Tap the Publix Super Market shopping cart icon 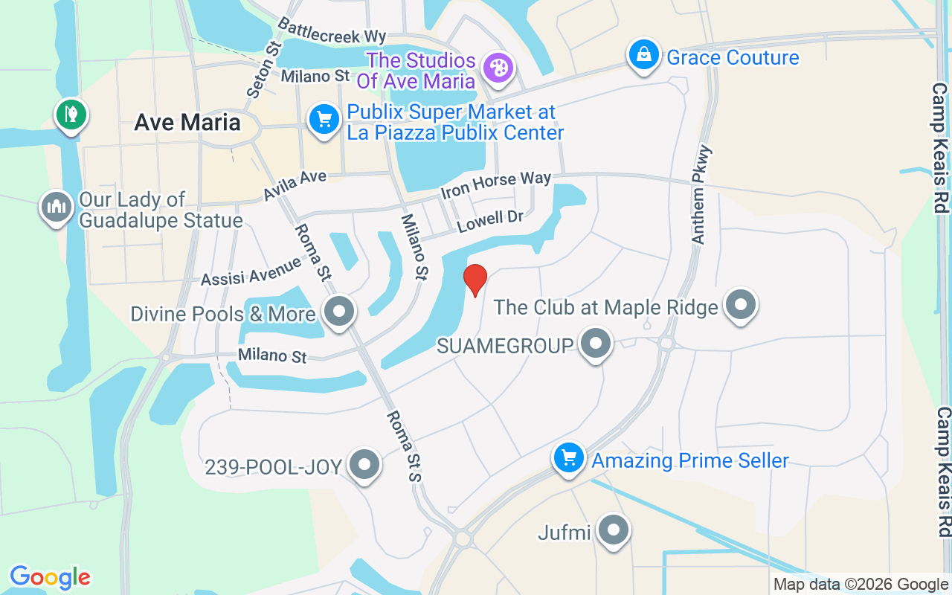click(324, 119)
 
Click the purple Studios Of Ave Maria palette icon click(497, 68)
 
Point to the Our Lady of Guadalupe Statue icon click(57, 207)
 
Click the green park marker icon click(71, 115)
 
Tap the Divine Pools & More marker click(340, 311)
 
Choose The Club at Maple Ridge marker click(740, 303)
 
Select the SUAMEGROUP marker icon click(595, 343)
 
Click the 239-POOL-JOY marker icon click(364, 464)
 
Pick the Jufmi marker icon click(614, 530)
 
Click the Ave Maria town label click(187, 123)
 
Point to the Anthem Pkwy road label click(701, 195)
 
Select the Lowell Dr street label click(490, 221)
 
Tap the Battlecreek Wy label click(332, 29)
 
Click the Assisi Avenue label click(251, 271)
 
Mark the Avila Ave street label click(295, 186)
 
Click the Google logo click(50, 577)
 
